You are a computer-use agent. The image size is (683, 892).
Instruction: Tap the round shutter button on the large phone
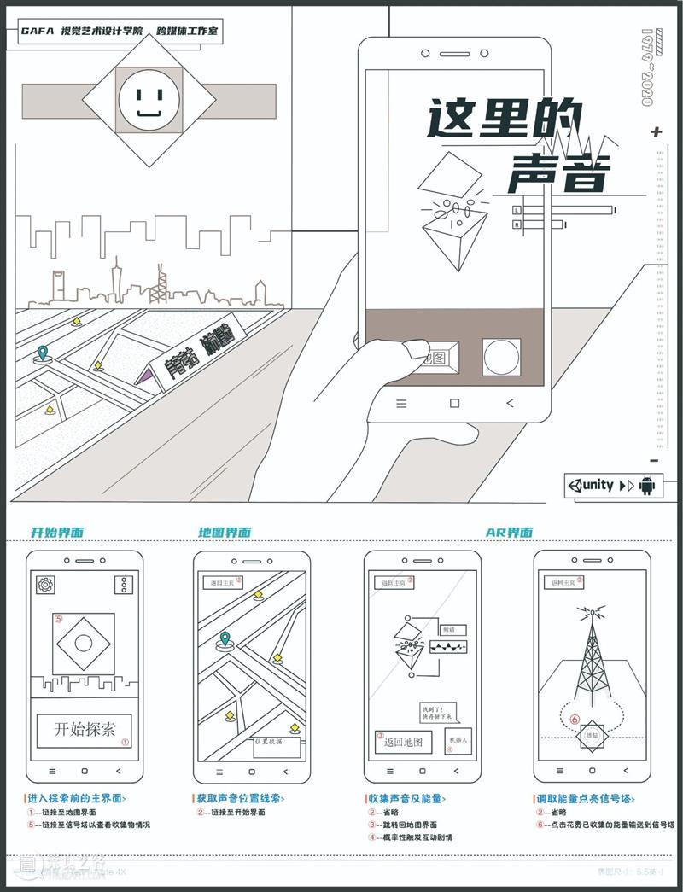(501, 357)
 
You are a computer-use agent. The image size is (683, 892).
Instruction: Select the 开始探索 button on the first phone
(85, 731)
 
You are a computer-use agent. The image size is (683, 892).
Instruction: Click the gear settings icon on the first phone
(45, 585)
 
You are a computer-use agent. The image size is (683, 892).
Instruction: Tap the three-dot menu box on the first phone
(124, 585)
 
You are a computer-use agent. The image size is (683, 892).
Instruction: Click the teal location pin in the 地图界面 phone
(225, 640)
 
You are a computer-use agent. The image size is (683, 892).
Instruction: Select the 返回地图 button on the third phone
(404, 742)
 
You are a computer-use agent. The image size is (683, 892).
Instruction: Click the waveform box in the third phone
(450, 649)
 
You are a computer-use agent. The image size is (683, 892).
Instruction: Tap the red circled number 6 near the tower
(575, 720)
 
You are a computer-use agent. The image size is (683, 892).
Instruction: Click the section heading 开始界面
(57, 532)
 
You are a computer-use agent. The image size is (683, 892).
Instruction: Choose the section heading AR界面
(509, 532)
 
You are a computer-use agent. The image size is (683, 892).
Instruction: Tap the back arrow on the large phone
(510, 403)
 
